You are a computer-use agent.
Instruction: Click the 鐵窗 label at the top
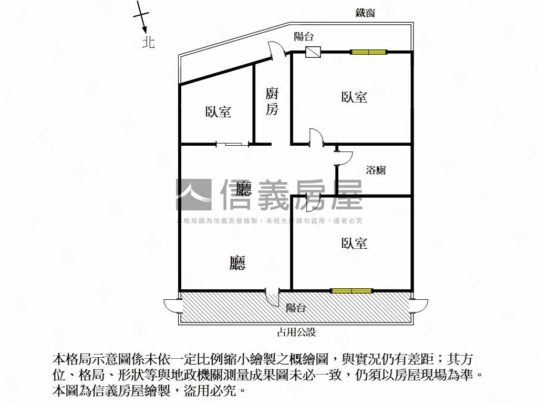click(365, 13)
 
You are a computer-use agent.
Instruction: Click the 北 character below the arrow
click(148, 42)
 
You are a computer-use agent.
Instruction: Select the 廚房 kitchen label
click(272, 102)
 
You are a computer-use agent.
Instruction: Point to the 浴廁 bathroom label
click(376, 170)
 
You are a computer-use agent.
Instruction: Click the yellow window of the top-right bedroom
click(368, 52)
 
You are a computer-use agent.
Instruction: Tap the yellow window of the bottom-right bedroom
click(351, 291)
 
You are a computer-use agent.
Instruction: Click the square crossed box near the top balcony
click(313, 52)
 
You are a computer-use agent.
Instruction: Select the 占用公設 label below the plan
click(296, 332)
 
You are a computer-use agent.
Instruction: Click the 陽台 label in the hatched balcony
click(296, 307)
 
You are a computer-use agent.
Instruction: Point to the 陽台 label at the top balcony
click(304, 36)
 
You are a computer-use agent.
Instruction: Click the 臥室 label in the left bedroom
click(218, 112)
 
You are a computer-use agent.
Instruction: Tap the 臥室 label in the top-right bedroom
click(354, 97)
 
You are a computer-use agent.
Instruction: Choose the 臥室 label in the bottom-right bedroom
click(354, 243)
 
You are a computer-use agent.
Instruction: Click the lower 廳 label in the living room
click(237, 263)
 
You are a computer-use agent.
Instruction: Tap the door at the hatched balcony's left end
click(172, 306)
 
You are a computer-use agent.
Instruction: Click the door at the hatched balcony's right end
click(419, 306)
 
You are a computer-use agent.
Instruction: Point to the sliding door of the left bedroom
click(233, 144)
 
